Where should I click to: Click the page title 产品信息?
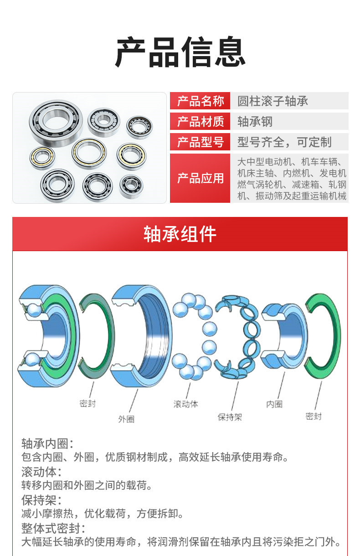pyautogui.click(x=180, y=52)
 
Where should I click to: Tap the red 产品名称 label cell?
pyautogui.click(x=200, y=101)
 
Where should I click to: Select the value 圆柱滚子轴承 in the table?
pyautogui.click(x=273, y=101)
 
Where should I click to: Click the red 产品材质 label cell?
pyautogui.click(x=200, y=122)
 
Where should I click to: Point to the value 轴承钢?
pyautogui.click(x=255, y=122)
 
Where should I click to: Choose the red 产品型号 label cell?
pyautogui.click(x=200, y=142)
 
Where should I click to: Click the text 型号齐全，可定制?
pyautogui.click(x=284, y=142)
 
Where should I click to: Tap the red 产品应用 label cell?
pyautogui.click(x=200, y=178)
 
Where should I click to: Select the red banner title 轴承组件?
pyautogui.click(x=180, y=234)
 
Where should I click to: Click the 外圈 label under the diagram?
pyautogui.click(x=126, y=419)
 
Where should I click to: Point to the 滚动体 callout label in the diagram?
pyautogui.click(x=185, y=404)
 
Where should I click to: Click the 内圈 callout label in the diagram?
pyautogui.click(x=274, y=404)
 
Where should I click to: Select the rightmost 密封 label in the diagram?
pyautogui.click(x=314, y=416)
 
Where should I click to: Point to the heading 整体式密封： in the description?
pyautogui.click(x=53, y=529)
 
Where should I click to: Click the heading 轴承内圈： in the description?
pyautogui.click(x=47, y=443)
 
